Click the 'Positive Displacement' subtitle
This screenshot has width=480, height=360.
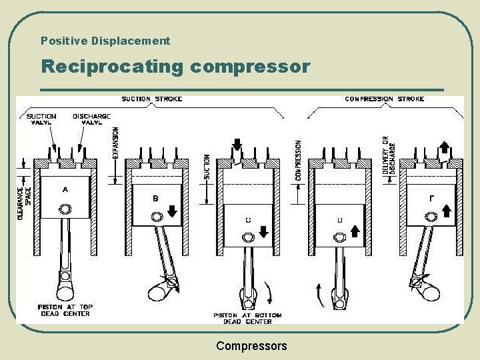click(x=105, y=41)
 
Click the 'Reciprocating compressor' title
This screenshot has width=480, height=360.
click(x=175, y=67)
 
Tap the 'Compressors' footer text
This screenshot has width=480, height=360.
click(x=251, y=346)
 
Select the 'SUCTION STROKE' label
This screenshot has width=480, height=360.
click(x=152, y=99)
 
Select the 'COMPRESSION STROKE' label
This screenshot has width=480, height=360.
click(x=384, y=99)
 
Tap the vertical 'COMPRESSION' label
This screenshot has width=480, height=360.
click(x=298, y=160)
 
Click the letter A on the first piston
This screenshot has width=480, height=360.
click(x=65, y=189)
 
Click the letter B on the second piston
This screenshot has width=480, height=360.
click(x=155, y=198)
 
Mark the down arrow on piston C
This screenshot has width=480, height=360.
click(x=263, y=231)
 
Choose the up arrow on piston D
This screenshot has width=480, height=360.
click(x=355, y=231)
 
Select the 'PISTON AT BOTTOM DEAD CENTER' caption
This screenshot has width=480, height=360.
click(x=247, y=318)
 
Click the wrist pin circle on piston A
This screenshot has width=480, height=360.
click(x=65, y=210)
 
